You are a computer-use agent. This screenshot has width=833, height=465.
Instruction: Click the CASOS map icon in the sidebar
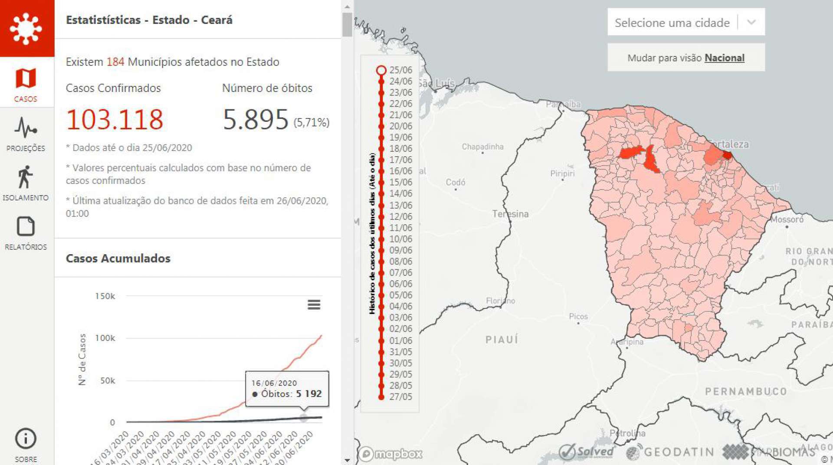[26, 79]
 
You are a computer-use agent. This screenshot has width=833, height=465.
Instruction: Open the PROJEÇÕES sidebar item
[26, 128]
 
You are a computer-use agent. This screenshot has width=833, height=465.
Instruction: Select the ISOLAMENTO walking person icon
[25, 177]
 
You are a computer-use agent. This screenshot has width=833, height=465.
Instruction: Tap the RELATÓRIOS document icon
[26, 226]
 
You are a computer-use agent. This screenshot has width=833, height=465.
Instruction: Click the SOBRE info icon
[26, 439]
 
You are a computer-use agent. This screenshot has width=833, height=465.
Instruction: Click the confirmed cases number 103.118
[115, 119]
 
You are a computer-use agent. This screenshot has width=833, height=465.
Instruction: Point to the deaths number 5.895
[256, 119]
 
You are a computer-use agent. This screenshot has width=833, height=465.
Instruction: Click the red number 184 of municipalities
[115, 62]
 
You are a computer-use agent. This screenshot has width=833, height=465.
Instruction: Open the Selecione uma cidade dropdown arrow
[751, 22]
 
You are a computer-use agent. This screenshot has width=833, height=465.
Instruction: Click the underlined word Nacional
[724, 58]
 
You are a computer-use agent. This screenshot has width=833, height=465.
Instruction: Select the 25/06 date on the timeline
[381, 70]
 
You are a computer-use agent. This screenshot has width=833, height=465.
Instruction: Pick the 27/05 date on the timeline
[381, 396]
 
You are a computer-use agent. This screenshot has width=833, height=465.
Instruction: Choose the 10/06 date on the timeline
[381, 239]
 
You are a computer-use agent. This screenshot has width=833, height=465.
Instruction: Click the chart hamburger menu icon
[314, 305]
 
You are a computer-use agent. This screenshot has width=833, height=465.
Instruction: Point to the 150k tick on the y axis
[105, 296]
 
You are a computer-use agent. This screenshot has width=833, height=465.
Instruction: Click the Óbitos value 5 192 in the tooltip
[308, 394]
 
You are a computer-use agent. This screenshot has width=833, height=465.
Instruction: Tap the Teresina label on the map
[510, 214]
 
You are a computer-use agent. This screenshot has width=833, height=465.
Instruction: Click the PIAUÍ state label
[502, 339]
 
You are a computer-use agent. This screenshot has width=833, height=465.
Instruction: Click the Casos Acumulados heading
[118, 259]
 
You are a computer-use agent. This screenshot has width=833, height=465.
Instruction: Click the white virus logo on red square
[26, 29]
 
